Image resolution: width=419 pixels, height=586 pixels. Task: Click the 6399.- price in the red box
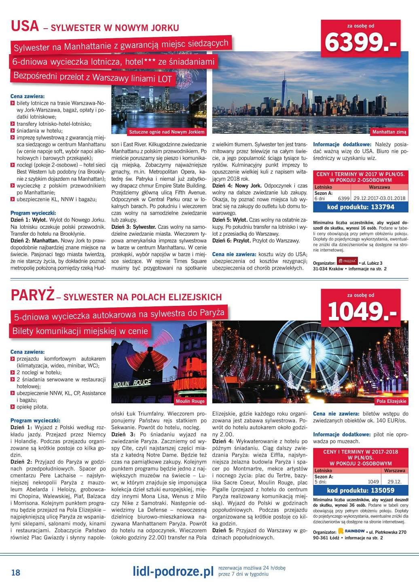pos(360,42)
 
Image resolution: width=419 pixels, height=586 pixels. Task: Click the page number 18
pos(16,572)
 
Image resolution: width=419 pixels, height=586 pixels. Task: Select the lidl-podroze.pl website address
pos(173,571)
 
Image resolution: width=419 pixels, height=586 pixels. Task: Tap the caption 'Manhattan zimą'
pos(389,132)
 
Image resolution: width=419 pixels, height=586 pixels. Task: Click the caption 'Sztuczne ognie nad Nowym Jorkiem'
pos(167,132)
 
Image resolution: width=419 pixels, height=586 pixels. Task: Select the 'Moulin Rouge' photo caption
pos(190,401)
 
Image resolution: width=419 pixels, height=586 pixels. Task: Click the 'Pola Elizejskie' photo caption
pos(391,401)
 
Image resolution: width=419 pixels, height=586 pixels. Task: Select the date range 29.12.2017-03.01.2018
pos(379,198)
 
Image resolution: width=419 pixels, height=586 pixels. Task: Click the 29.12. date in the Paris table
pos(394,482)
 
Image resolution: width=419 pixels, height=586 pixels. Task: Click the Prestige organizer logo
pos(347,261)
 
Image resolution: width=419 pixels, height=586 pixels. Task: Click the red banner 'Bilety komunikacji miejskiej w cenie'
pos(80,331)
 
